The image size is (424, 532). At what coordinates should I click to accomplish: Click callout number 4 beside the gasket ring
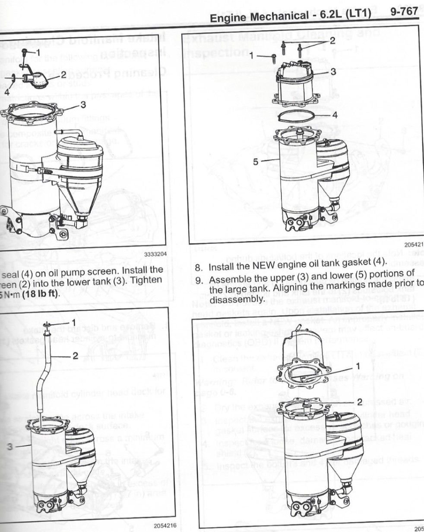[334, 115]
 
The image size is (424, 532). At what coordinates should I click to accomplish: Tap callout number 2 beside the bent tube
[75, 355]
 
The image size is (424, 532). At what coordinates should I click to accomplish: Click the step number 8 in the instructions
[198, 267]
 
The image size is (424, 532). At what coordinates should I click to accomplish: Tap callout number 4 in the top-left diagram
[6, 91]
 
